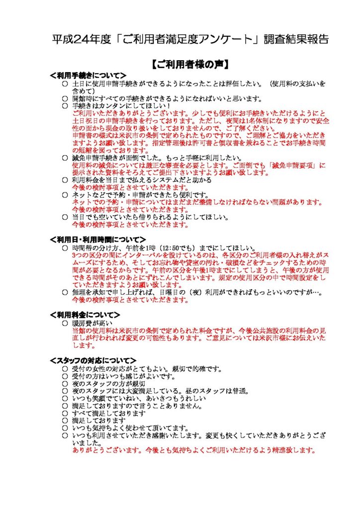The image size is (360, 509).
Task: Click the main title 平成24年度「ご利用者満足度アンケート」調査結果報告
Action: point(190,40)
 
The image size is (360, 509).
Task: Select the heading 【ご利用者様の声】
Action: point(190,64)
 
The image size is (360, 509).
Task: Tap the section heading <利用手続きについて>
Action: point(88,75)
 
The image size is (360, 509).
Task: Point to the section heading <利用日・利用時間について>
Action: point(98,240)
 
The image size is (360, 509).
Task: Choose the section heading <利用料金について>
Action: point(85,315)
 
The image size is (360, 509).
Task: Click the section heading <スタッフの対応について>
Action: point(93,360)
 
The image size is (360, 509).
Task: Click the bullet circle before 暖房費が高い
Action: point(65,323)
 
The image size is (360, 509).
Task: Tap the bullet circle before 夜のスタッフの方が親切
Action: point(65,384)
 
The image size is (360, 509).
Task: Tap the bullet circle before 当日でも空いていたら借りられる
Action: point(65,217)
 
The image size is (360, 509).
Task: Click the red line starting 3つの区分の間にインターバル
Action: point(199,255)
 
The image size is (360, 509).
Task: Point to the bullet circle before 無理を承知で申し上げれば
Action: point(65,292)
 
